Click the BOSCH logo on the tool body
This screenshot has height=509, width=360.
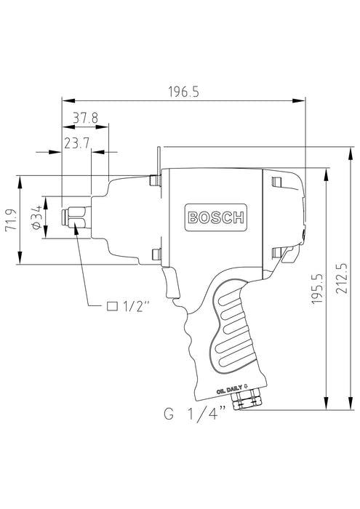(217, 217)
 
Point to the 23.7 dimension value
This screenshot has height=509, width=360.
(76, 144)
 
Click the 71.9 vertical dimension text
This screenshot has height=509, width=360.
(10, 220)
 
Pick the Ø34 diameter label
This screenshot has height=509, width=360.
(36, 217)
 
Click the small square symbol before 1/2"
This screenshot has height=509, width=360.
(113, 305)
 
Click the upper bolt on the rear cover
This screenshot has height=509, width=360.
(274, 181)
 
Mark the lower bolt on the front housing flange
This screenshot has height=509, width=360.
(154, 254)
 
